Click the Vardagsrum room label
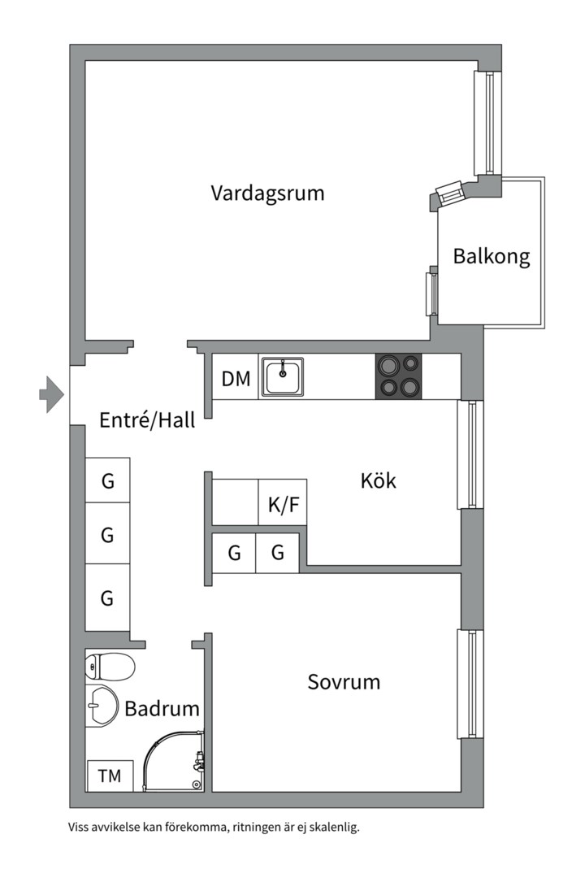coord(267,193)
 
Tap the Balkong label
coord(492,257)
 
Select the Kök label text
coord(379,480)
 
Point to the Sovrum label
coord(344,681)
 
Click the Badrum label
coord(162,708)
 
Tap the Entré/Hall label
coord(147,420)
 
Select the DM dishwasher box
coord(236,379)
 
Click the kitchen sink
coord(282,377)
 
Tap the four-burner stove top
coord(399,376)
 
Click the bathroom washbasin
coord(102,704)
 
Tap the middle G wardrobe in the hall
coord(107,535)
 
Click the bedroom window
coord(470,684)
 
